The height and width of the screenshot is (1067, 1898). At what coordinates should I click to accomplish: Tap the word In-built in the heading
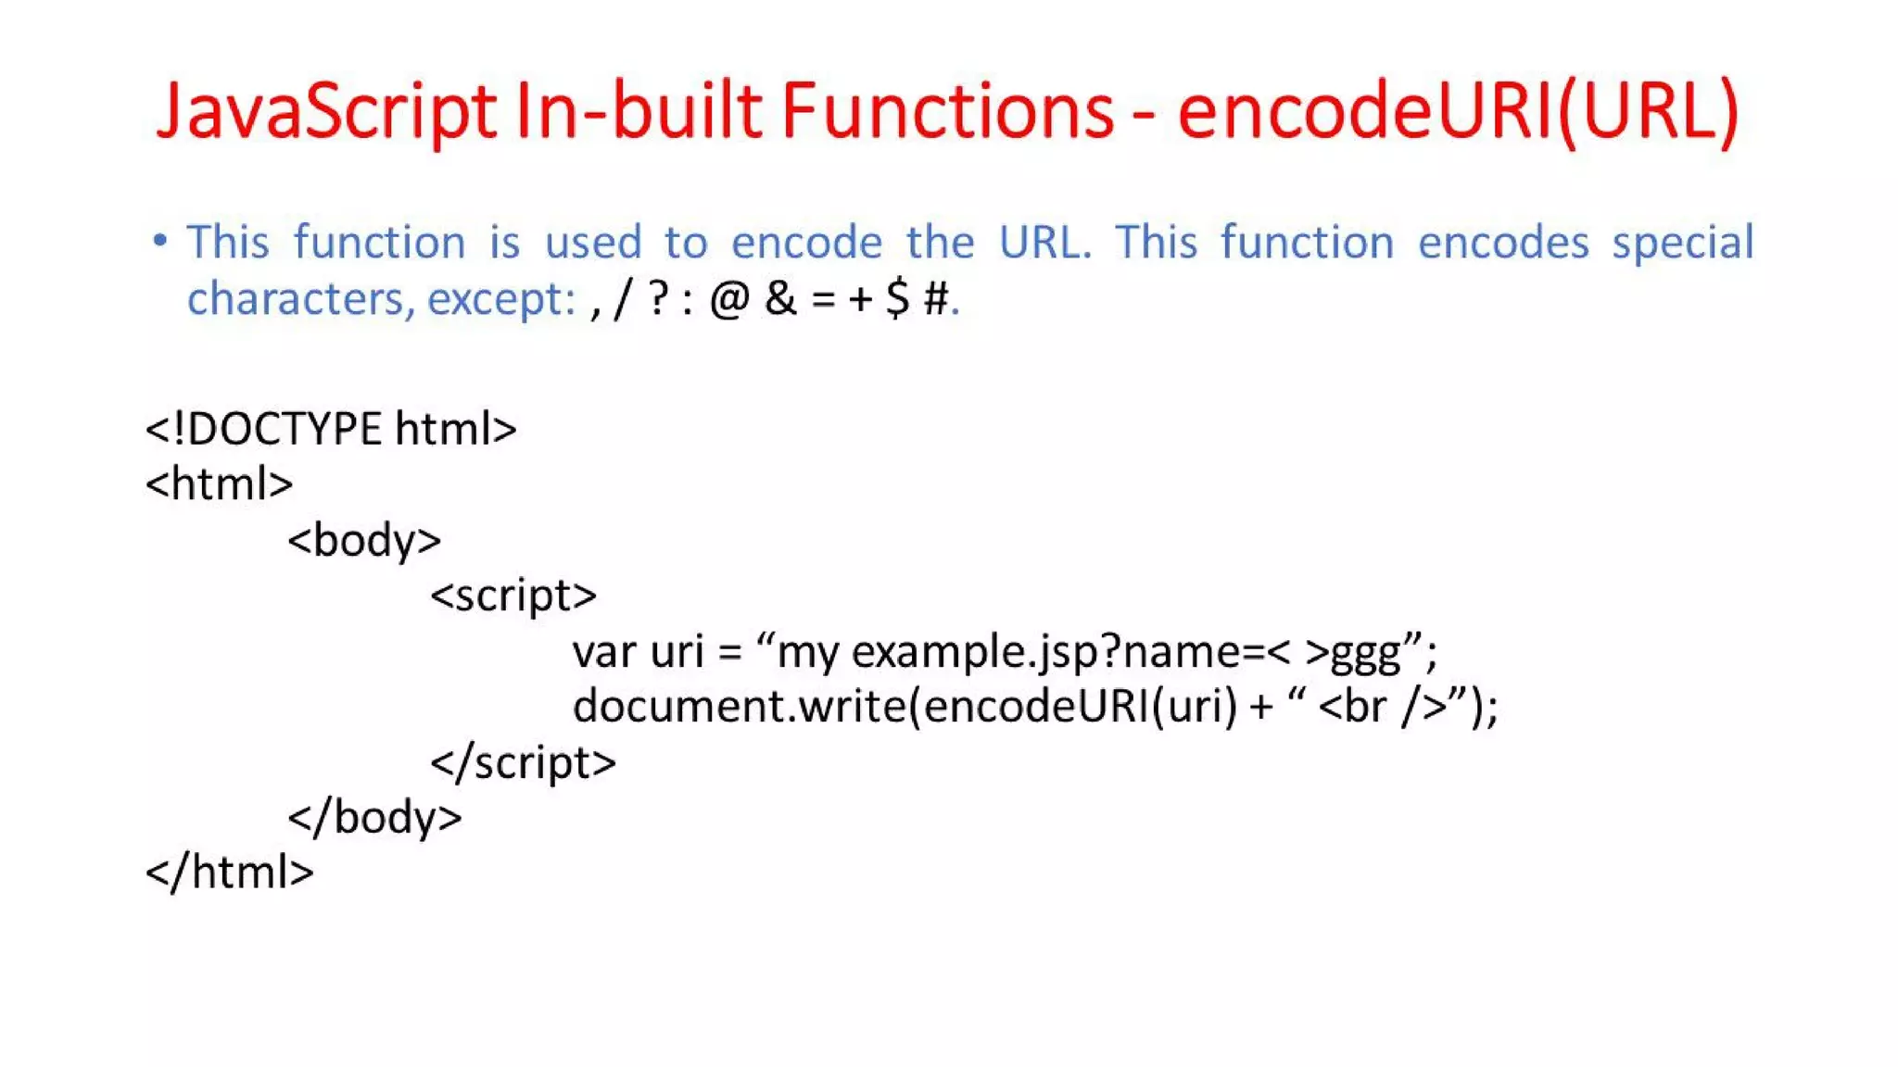639,111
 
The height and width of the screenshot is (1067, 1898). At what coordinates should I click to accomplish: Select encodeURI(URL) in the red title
1458,111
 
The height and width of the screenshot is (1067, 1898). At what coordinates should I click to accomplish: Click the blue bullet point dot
160,241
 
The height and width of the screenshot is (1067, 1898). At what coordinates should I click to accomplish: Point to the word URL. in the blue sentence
1044,243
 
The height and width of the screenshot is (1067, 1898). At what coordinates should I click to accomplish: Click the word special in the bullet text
1682,243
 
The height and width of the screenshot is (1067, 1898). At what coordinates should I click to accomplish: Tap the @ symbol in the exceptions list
729,299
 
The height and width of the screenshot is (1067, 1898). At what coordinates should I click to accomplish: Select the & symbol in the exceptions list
780,299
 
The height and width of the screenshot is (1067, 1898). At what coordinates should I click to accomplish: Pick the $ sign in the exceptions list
897,299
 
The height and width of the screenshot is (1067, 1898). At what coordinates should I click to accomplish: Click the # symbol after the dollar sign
936,299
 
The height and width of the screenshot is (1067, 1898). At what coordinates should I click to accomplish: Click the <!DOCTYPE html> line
331,429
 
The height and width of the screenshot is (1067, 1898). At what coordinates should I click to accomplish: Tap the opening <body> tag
364,540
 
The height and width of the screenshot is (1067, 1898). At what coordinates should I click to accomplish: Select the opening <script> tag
513,596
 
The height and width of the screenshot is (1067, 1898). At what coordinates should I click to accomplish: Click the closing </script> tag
523,762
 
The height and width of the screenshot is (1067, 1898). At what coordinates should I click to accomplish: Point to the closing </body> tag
374,818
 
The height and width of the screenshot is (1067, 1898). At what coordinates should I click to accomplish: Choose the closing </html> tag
230,872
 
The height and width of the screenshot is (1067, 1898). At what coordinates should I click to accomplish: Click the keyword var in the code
602,652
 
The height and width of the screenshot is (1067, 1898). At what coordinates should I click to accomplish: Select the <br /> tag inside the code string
1382,708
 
